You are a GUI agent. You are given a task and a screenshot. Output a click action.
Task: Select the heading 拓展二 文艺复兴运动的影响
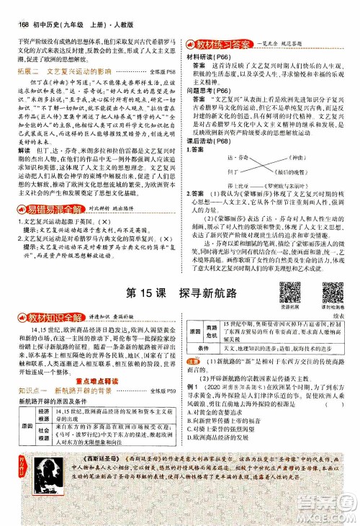[x=68, y=73]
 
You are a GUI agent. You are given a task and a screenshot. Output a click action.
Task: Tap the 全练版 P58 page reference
[x=164, y=73]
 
